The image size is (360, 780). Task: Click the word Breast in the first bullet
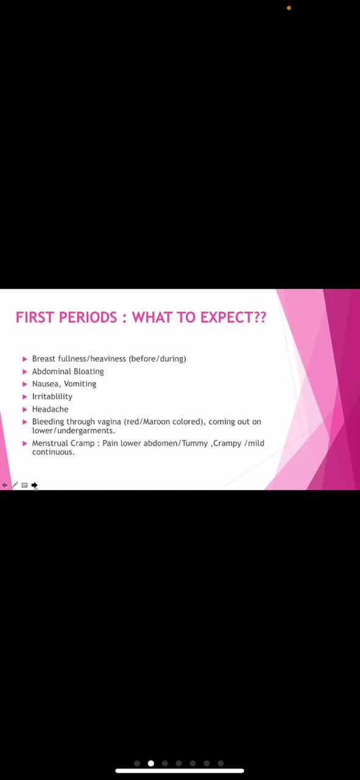tap(44, 359)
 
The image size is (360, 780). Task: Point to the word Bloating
tap(89, 372)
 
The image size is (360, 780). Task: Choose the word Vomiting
tap(80, 384)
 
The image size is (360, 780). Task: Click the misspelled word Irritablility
tap(52, 397)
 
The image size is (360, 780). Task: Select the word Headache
tap(50, 409)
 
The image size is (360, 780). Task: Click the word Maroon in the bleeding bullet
tap(157, 422)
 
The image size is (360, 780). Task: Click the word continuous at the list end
tap(53, 452)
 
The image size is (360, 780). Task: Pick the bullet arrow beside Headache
tap(25, 409)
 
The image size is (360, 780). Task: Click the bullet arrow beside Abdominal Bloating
tap(25, 372)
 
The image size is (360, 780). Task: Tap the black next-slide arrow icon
tap(34, 485)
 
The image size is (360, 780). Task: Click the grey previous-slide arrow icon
tap(4, 485)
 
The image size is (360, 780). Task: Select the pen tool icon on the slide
tap(15, 485)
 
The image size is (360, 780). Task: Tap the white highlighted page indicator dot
tap(150, 764)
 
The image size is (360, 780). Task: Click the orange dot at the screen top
tap(289, 8)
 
